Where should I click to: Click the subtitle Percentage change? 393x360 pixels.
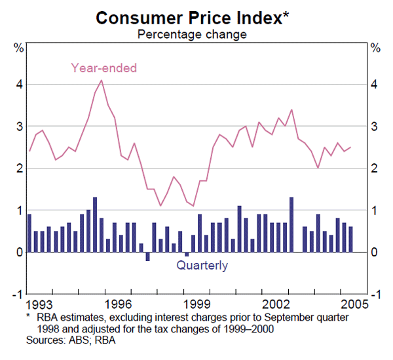[x=191, y=34]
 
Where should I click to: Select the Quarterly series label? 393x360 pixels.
[x=202, y=266]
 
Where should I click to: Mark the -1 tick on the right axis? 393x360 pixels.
[x=375, y=294]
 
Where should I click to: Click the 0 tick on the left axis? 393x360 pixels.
[x=20, y=252]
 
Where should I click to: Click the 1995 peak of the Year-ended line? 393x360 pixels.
[x=102, y=80]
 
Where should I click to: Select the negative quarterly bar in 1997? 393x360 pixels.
[x=147, y=256]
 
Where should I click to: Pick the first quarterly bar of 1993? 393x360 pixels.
[x=29, y=233]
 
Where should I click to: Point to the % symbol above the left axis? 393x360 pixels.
[x=20, y=47]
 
